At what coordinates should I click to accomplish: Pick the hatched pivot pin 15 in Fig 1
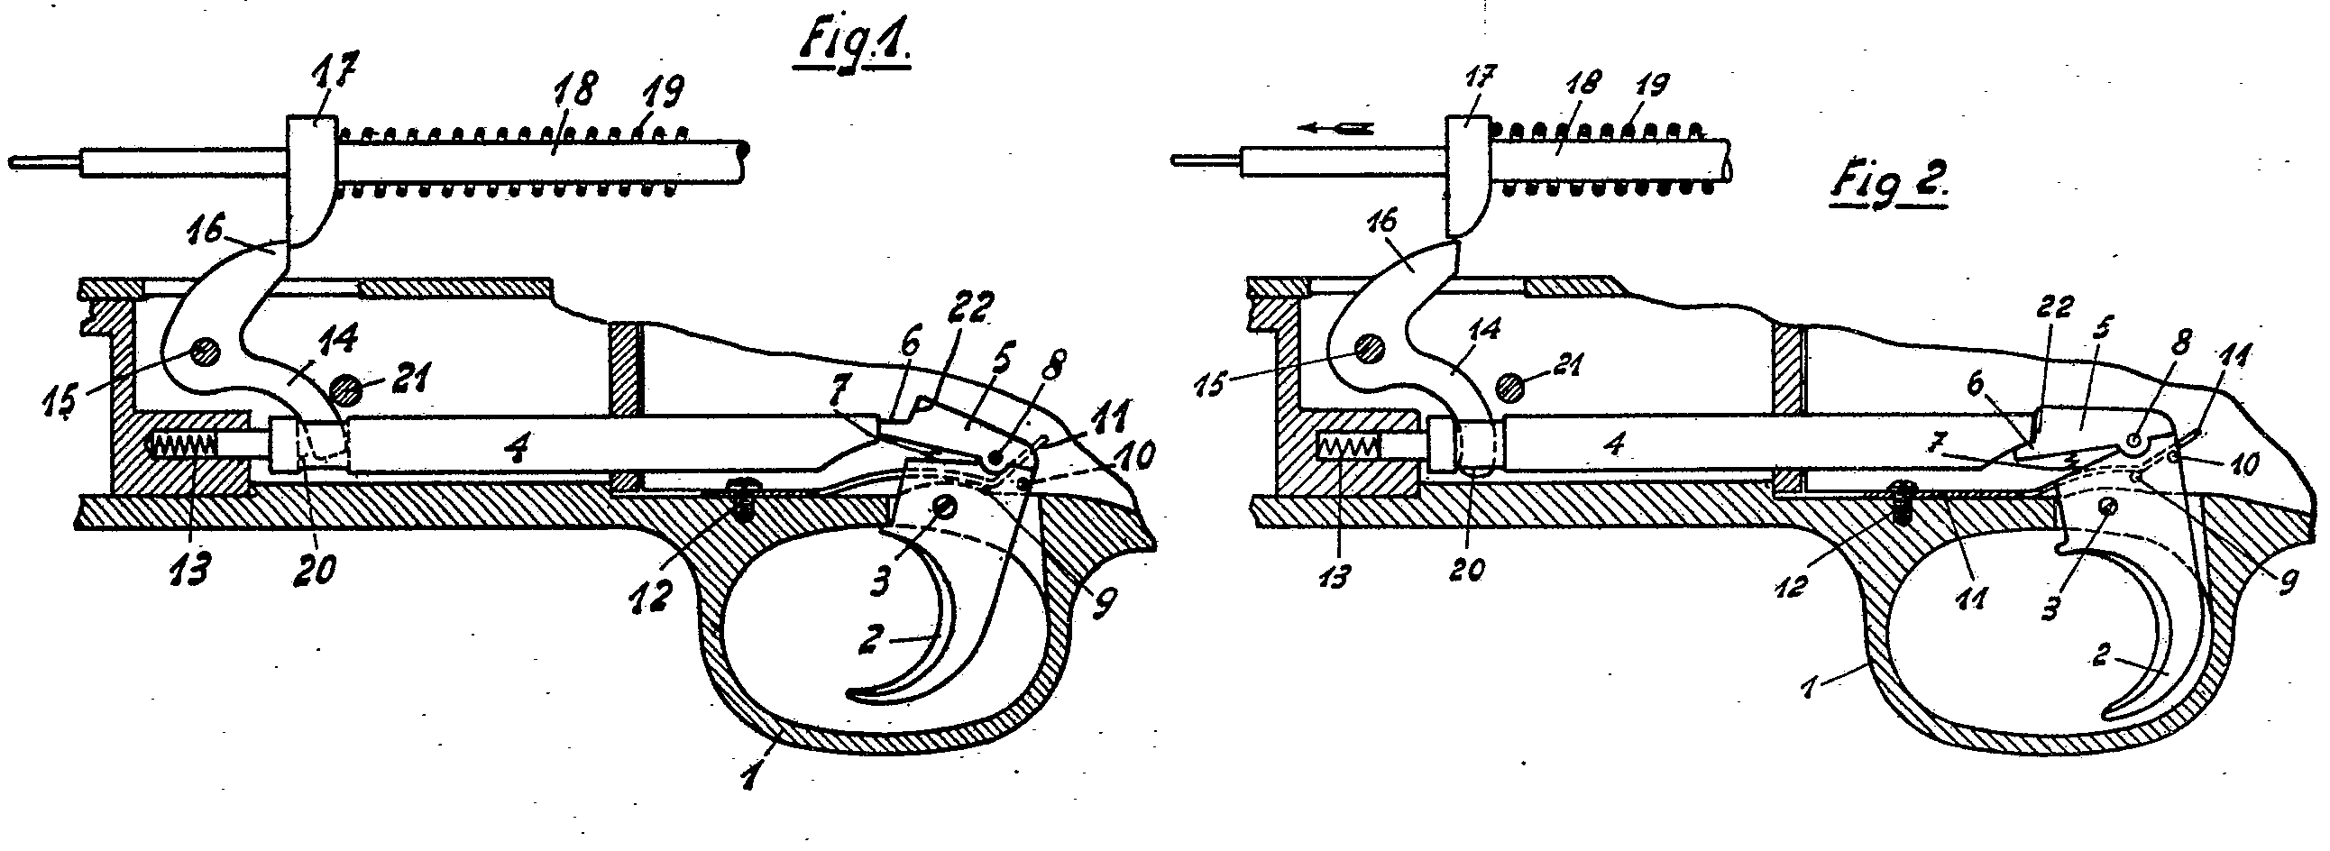(x=205, y=352)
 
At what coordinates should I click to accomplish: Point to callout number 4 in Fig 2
(x=1618, y=444)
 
